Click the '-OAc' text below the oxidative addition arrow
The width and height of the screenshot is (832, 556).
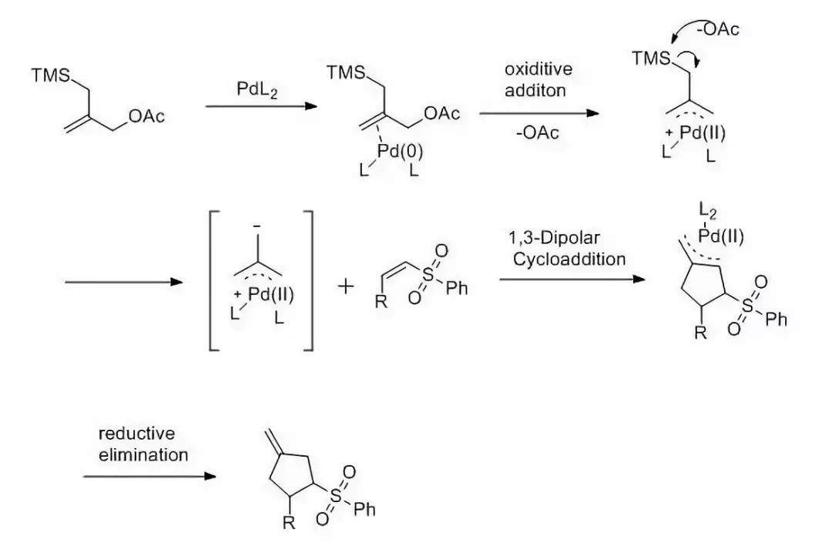click(x=538, y=132)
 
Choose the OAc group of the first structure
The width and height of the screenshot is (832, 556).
click(x=146, y=116)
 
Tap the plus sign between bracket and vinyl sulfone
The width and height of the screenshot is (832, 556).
click(x=347, y=287)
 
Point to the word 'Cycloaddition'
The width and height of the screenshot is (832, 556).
click(x=569, y=259)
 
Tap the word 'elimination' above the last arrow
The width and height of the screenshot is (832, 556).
click(x=143, y=454)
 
